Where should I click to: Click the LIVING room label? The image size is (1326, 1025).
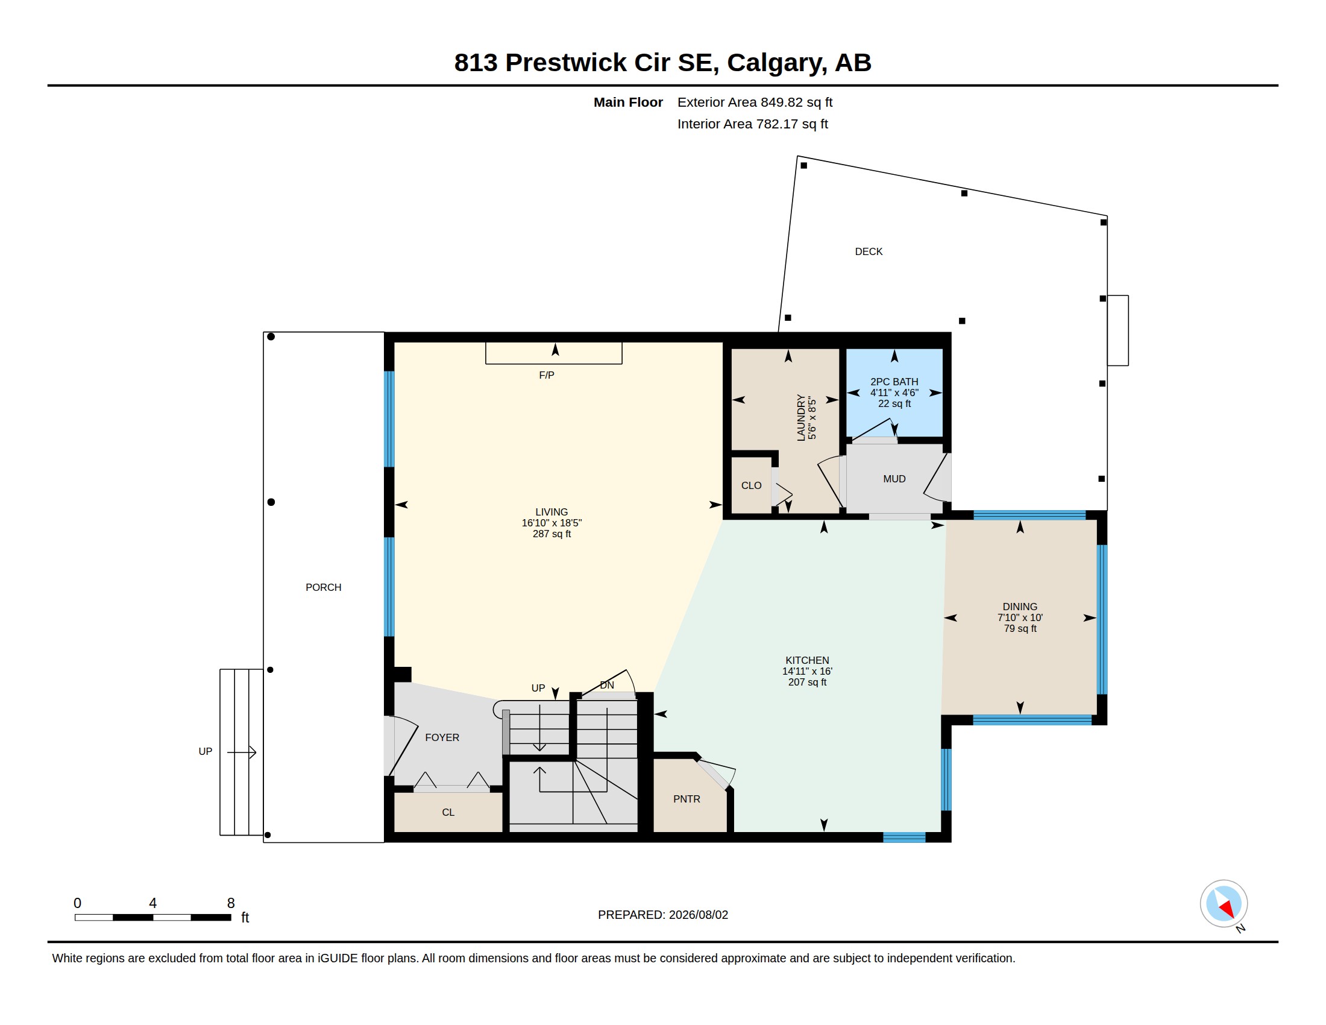coord(551,512)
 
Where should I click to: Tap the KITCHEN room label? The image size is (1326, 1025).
coord(807,660)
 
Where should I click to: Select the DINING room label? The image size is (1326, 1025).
coord(1020,607)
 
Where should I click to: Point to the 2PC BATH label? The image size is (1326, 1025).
coord(894,382)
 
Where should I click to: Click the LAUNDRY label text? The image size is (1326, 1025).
coord(801,418)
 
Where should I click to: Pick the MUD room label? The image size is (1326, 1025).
coord(894,479)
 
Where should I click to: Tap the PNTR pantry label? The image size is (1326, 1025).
coord(687,799)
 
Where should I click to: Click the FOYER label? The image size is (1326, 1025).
coord(442,738)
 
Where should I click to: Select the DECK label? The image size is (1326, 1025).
coord(869,251)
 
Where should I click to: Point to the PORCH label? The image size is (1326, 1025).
coord(324,587)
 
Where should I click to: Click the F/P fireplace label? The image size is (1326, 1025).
coord(547,375)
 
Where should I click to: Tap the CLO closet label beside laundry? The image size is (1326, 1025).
coord(751,486)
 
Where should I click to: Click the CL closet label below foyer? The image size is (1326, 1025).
coord(448,813)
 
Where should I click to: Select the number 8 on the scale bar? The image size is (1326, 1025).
coord(231,903)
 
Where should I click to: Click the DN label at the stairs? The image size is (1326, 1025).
coord(607,685)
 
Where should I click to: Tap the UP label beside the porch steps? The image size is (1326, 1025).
coord(205,752)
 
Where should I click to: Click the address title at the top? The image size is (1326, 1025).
coord(662,63)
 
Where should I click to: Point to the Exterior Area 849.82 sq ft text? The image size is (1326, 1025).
coord(755,102)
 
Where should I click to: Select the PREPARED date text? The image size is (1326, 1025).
coord(663,915)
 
